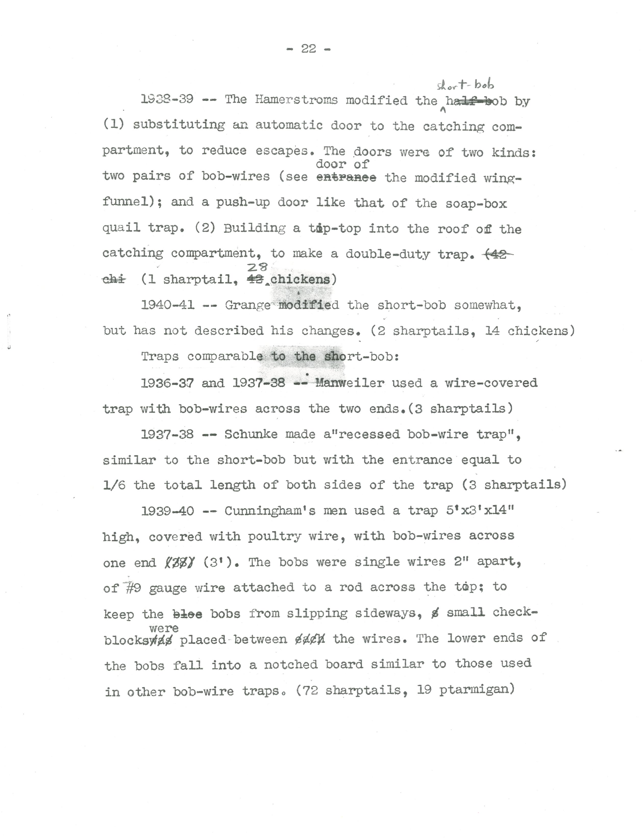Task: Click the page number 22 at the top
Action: click(308, 48)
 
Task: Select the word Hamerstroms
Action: click(297, 100)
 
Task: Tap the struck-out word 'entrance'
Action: click(346, 178)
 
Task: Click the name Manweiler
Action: click(350, 383)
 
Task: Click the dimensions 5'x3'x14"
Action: click(480, 511)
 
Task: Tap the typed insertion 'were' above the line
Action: click(163, 628)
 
